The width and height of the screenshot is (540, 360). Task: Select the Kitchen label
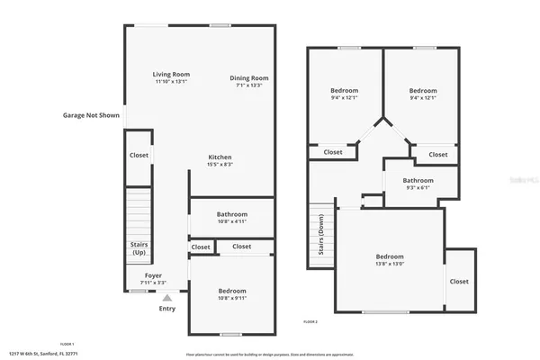220,157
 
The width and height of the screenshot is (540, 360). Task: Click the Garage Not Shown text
91,115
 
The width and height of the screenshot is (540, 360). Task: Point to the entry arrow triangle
167,296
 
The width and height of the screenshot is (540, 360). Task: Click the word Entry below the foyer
167,309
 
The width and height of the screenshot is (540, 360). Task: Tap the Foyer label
153,275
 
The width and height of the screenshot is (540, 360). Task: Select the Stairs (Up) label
139,248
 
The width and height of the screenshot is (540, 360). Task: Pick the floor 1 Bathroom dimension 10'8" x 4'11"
232,221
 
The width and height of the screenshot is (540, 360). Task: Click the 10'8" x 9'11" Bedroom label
232,299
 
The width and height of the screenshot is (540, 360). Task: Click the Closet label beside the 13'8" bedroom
459,281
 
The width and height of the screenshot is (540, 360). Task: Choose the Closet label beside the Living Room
139,155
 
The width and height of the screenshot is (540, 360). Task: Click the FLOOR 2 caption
310,321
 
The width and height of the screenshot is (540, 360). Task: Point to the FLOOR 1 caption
67,344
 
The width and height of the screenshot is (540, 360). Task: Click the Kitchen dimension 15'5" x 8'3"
220,165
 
